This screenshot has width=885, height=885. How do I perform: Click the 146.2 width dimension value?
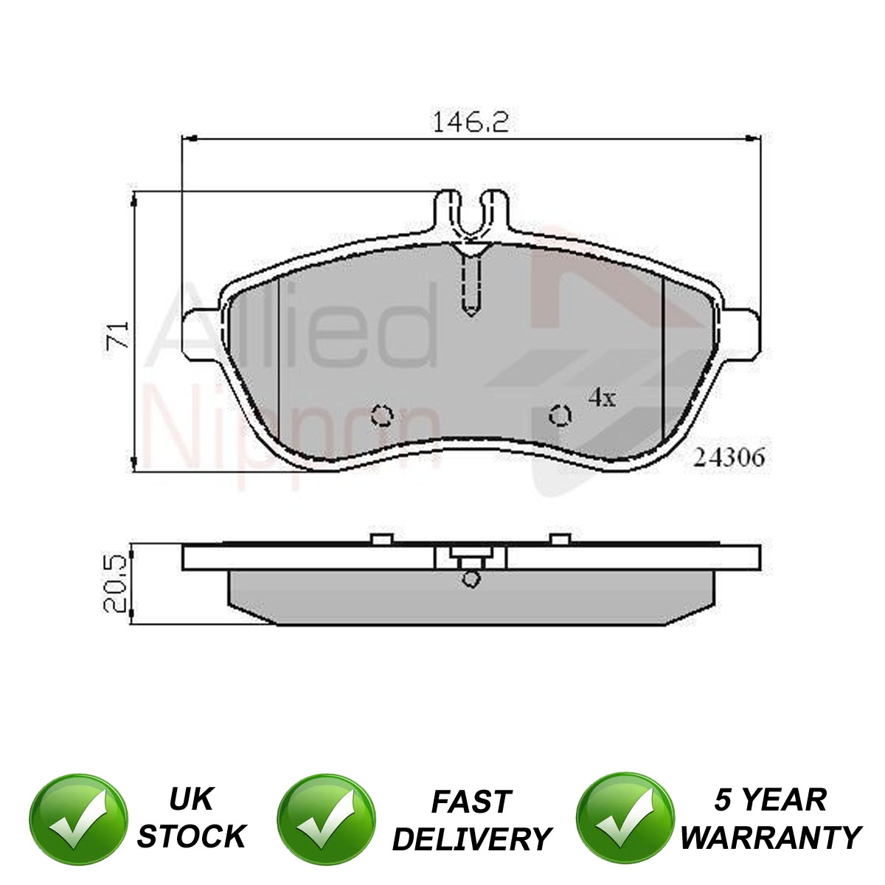[471, 122]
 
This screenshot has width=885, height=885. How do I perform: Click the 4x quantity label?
[602, 398]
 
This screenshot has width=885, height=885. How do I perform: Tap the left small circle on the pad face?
[382, 416]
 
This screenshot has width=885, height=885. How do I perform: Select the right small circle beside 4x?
[560, 416]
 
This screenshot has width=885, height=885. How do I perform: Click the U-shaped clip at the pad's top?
[472, 216]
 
